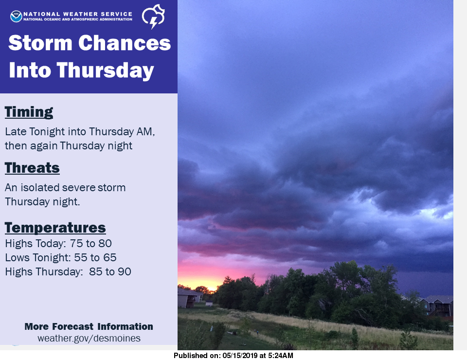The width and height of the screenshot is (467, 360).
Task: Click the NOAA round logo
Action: tap(16, 17)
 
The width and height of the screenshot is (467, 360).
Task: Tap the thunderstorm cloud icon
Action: tap(153, 17)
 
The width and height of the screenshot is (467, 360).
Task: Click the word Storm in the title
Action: tap(40, 43)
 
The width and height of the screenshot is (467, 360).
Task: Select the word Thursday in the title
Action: tap(105, 71)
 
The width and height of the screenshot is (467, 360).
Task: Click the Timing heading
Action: tap(29, 112)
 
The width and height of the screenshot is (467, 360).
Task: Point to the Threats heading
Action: tap(32, 168)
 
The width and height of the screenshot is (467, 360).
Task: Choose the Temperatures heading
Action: tap(55, 228)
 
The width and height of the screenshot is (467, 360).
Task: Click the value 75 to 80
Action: tap(91, 244)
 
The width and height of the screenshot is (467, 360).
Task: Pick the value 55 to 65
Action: tap(95, 257)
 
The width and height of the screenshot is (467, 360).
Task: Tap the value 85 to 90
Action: tap(110, 271)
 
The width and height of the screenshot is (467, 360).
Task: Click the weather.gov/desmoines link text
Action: tap(89, 338)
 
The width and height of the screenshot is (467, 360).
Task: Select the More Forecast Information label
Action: tap(89, 326)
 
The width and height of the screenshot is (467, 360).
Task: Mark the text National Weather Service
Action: tap(78, 14)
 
